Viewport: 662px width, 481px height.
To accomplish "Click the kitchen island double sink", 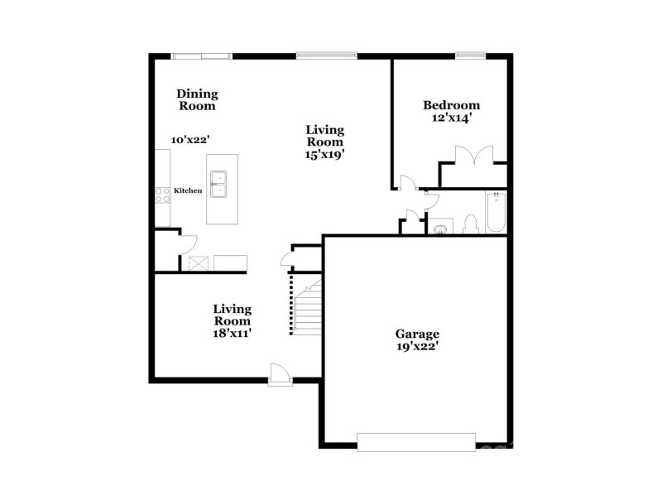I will (x=220, y=185).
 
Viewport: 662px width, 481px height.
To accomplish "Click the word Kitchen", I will (x=188, y=191).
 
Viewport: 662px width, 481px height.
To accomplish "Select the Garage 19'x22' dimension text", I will (x=416, y=347).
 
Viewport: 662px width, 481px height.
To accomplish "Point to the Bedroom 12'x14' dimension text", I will (x=451, y=118).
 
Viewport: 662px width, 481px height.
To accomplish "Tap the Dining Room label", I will (x=198, y=100).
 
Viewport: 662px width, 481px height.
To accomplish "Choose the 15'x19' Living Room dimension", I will (x=324, y=153).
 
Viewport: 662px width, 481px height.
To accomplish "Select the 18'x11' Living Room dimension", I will (x=232, y=332).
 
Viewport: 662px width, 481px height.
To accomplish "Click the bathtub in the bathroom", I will (x=496, y=213).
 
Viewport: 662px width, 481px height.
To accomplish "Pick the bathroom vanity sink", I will (x=439, y=228).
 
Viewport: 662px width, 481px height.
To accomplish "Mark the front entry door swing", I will (x=280, y=374).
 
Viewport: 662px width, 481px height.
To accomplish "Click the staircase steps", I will (x=307, y=305).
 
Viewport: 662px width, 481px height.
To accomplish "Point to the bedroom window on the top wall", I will (x=468, y=55).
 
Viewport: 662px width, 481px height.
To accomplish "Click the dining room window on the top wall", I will (x=201, y=56).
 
